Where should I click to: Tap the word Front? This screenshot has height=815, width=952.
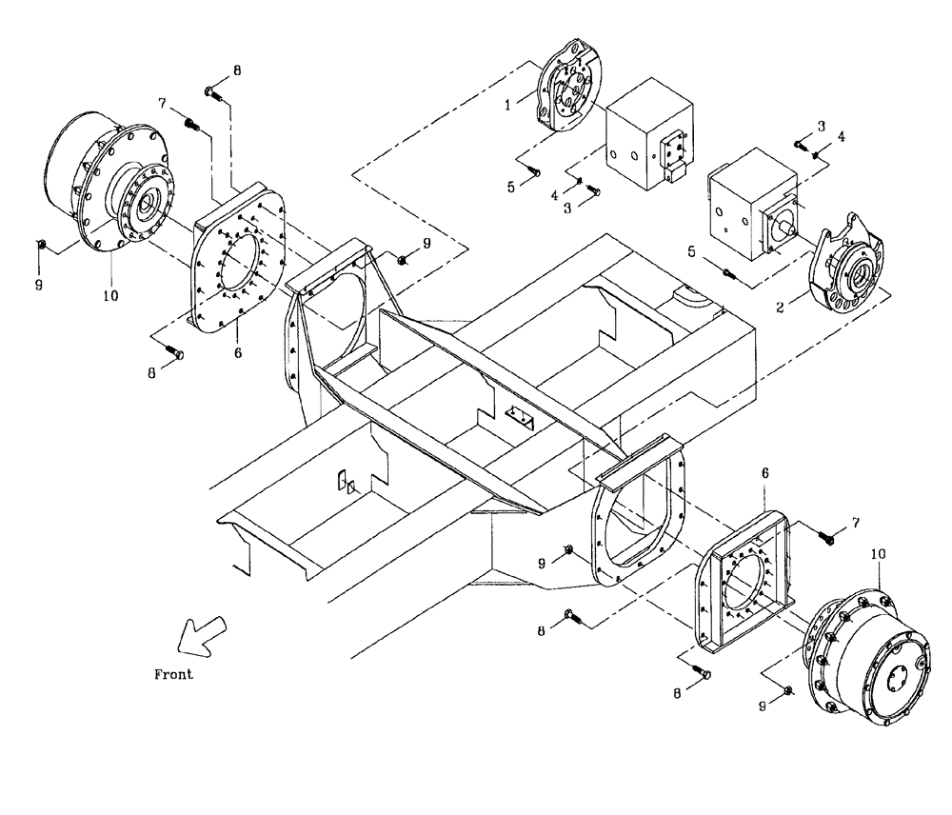click(173, 674)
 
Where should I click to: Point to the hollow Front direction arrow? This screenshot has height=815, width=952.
click(203, 634)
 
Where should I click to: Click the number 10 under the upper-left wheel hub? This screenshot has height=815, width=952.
click(110, 296)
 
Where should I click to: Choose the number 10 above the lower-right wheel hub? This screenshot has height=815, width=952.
click(876, 553)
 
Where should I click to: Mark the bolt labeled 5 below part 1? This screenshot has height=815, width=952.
click(535, 172)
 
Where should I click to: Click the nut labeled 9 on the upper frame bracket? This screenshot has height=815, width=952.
click(403, 258)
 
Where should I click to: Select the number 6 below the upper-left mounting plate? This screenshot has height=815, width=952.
click(238, 352)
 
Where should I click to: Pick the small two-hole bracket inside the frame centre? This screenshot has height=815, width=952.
click(522, 416)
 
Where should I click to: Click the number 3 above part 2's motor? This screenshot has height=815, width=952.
click(820, 125)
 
